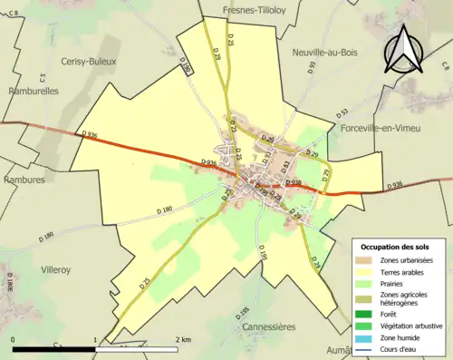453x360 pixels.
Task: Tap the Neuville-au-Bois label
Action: point(325,53)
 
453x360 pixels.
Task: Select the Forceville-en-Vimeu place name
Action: point(382,130)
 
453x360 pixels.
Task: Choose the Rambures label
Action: point(24,180)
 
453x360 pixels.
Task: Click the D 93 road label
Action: point(312,67)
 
